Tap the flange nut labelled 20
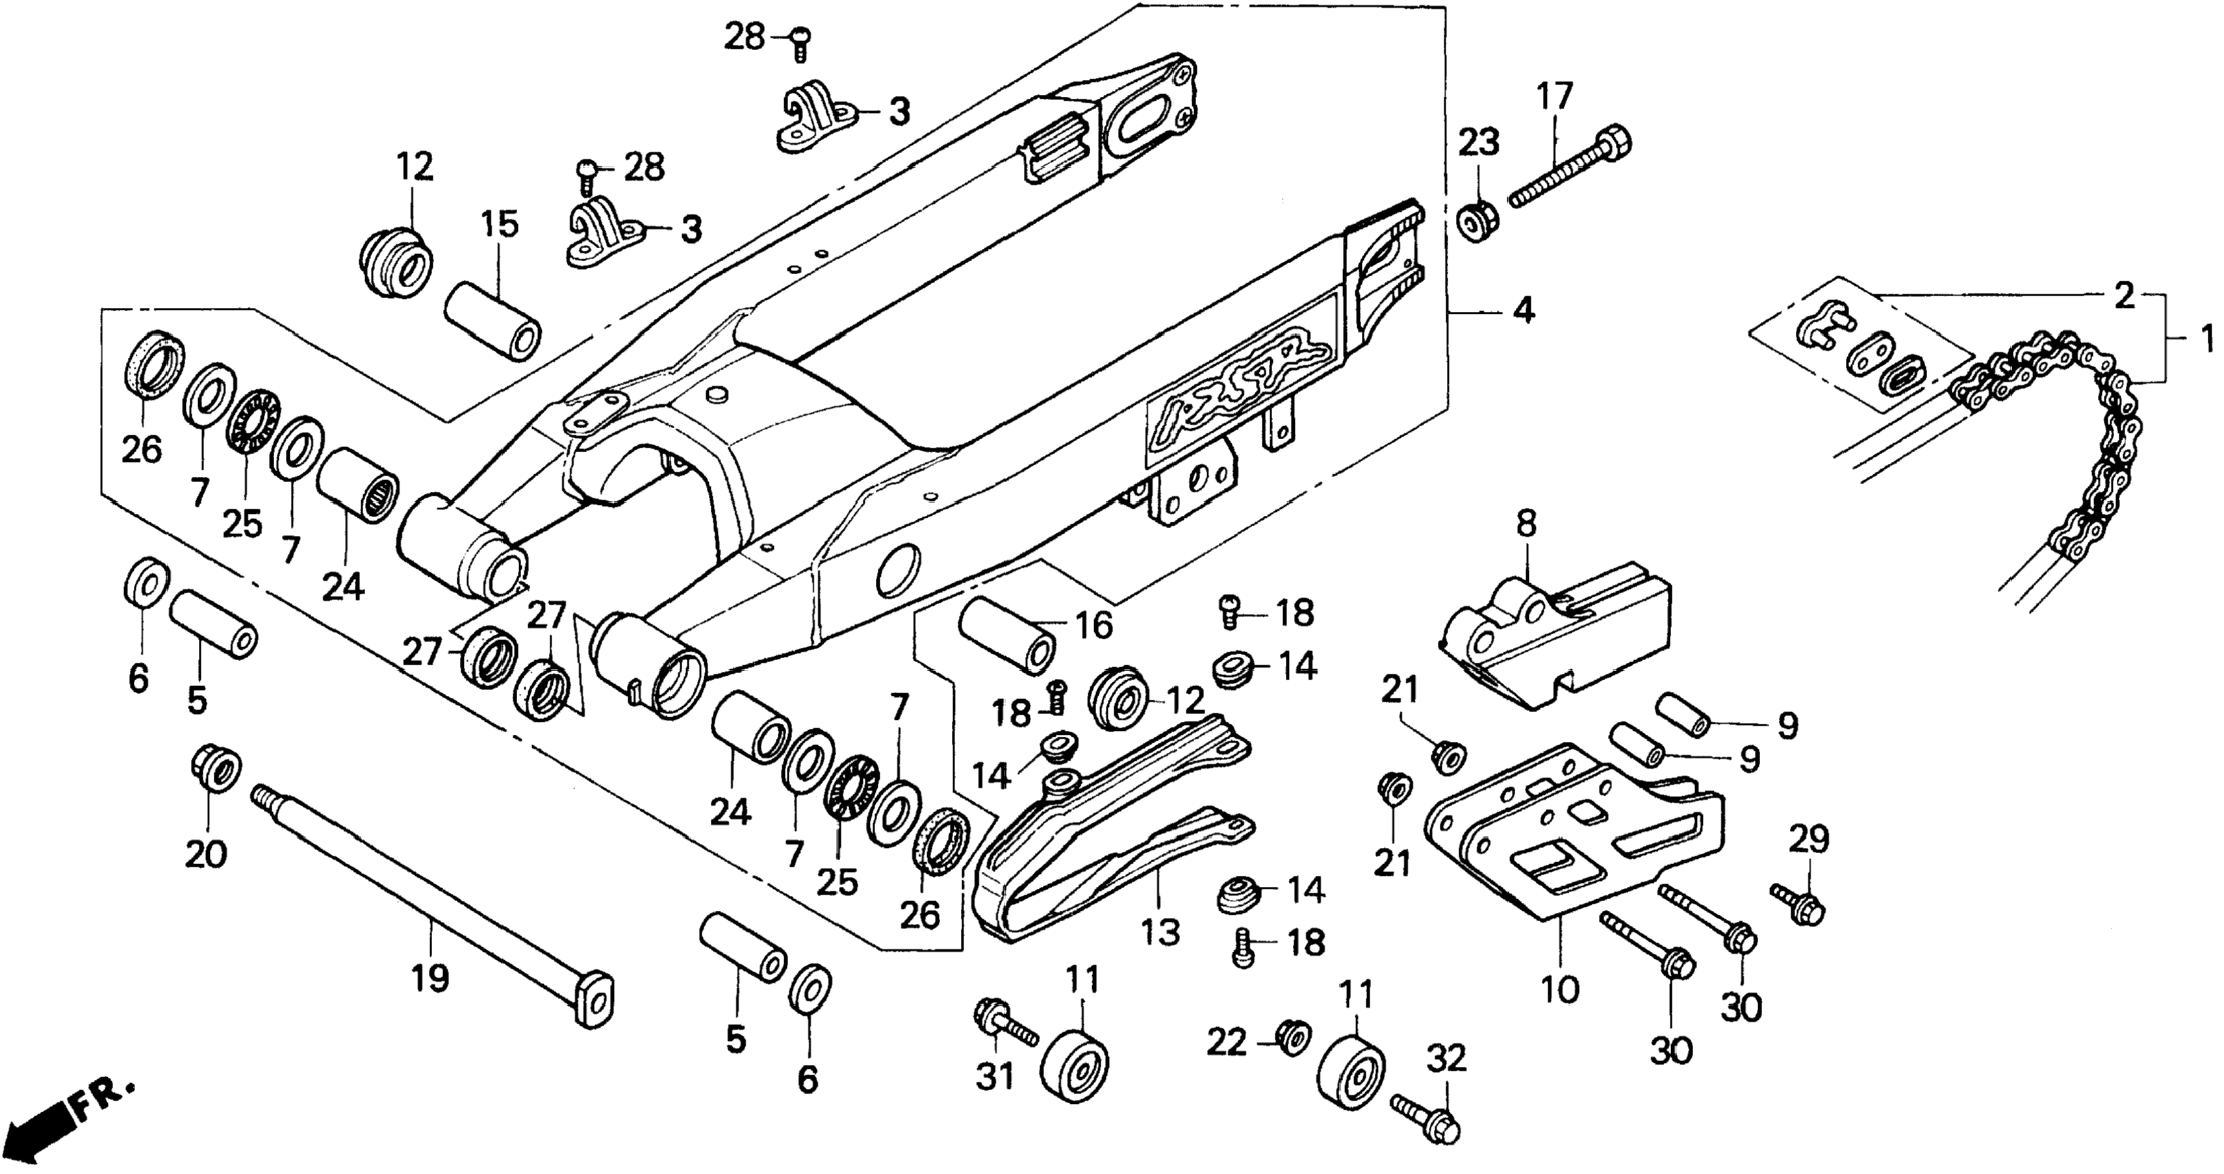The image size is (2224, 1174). (x=215, y=767)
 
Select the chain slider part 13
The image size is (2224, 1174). (x=1114, y=829)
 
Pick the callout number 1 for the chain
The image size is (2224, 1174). (x=2204, y=338)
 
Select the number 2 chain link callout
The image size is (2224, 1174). (x=2125, y=295)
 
